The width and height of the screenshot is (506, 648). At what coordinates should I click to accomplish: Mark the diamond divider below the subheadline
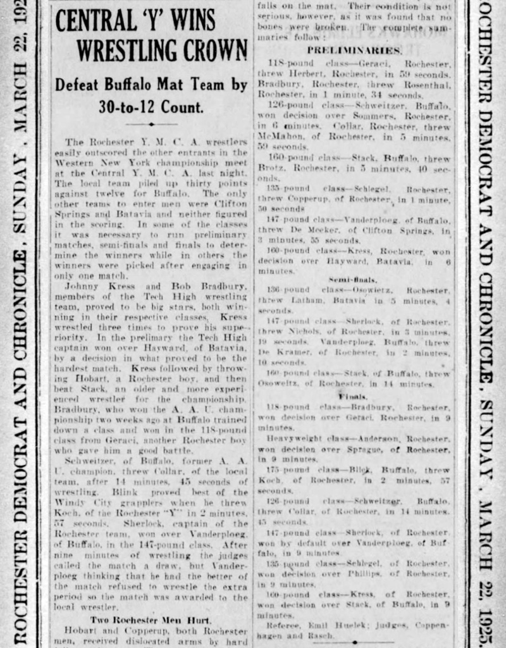point(151,124)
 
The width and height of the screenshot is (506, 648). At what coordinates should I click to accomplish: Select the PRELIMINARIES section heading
point(354,50)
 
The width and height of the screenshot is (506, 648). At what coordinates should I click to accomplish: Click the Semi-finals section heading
point(354,278)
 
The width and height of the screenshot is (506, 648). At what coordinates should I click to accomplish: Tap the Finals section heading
point(353,396)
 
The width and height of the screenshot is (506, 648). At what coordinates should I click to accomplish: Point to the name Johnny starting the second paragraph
point(82,286)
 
